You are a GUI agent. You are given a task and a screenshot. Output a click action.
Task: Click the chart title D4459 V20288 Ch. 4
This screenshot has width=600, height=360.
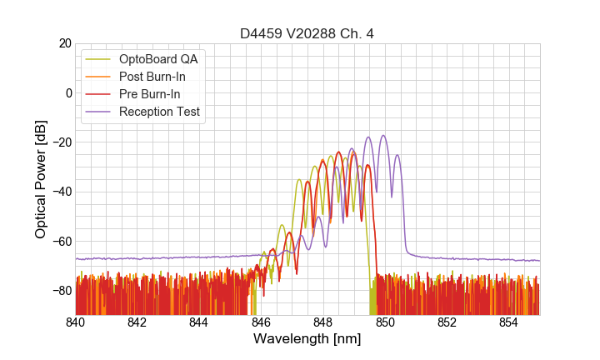coord(307,33)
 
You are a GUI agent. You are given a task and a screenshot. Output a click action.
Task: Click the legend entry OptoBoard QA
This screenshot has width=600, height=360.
coord(158,59)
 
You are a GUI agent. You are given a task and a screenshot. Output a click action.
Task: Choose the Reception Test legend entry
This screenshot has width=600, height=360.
coord(159,112)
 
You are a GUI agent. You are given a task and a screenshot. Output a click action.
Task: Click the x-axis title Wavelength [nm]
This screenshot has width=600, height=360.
coord(307,339)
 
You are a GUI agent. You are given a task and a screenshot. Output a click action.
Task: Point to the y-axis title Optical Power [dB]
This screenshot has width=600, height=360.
coord(41,178)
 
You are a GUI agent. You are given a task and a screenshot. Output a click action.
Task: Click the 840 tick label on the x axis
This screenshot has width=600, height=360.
coord(76,322)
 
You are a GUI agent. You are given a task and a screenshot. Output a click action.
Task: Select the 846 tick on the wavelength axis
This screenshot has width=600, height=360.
coord(261,322)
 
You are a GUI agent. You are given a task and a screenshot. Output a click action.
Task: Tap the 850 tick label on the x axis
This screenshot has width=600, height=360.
coord(385,322)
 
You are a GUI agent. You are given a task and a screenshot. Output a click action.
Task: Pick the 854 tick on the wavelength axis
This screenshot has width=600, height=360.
coord(508,322)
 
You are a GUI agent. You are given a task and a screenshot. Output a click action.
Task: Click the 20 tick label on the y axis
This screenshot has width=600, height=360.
coord(64,43)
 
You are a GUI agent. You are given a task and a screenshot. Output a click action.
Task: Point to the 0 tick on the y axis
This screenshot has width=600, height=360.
coord(67,92)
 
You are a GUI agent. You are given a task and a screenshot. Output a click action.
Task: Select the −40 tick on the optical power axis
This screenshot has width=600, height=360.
coord(61,192)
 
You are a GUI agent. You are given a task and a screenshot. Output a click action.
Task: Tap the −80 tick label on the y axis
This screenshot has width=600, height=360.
coord(61,291)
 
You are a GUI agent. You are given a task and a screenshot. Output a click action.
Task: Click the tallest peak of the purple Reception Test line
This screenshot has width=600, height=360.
coord(383,136)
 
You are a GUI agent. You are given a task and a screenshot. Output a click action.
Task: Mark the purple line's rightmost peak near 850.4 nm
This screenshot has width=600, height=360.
coord(397,155)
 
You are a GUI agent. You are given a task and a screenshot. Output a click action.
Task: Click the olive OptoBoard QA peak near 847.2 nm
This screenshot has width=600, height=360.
coord(298,179)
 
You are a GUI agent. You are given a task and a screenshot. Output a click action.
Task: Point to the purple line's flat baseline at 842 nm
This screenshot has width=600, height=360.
coord(137,259)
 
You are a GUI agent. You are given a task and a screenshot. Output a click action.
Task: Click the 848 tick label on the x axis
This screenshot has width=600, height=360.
coord(322,322)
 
